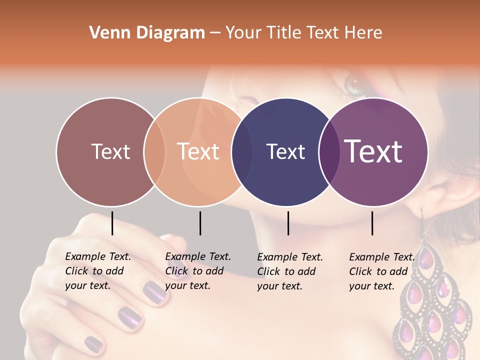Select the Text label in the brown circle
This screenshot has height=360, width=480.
tap(110, 151)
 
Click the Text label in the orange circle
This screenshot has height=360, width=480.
tap(198, 151)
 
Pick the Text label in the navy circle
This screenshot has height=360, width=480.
tap(285, 151)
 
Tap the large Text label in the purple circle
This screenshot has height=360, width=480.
tap(373, 151)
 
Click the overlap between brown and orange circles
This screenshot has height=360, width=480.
tap(154, 152)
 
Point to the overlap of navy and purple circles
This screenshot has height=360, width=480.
tap(329, 152)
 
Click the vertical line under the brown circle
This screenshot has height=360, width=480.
tap(112, 223)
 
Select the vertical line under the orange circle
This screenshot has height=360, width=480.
tap(200, 223)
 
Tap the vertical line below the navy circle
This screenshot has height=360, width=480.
tap(288, 223)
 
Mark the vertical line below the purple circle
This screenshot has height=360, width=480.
tap(372, 223)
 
